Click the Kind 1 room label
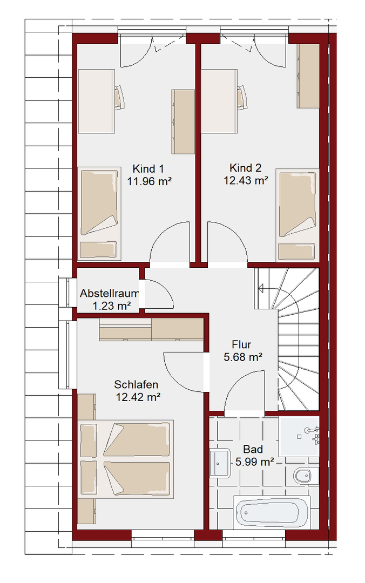tap(148, 169)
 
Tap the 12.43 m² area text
tap(246, 181)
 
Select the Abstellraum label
tap(110, 293)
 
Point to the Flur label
tap(241, 344)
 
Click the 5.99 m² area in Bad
tap(255, 462)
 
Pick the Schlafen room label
tap(136, 384)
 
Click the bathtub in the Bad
tap(272, 512)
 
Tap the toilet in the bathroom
tap(306, 476)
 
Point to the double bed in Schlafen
tap(126, 459)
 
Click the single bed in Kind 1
tap(99, 214)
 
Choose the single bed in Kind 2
tap(298, 215)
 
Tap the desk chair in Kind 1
tap(119, 97)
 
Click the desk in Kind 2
tap(219, 101)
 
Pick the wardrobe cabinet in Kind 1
tap(183, 121)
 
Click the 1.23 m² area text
tap(111, 306)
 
